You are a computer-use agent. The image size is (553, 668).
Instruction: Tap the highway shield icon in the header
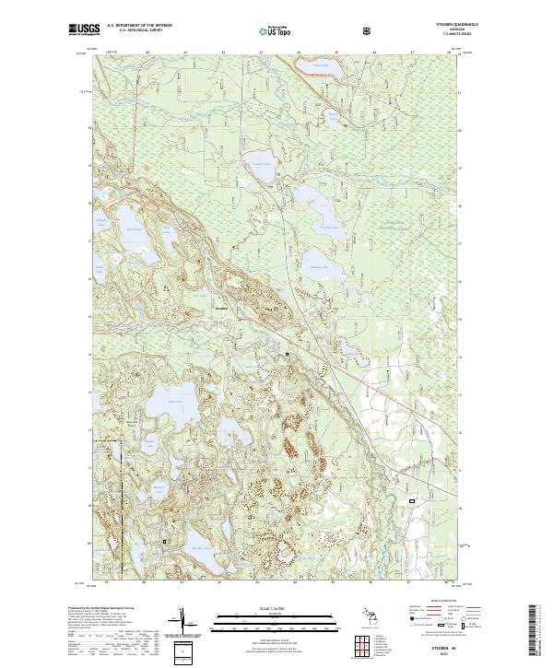370,30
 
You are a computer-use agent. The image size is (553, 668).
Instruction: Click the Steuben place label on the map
221,309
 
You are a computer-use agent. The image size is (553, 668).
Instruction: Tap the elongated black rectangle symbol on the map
413,499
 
